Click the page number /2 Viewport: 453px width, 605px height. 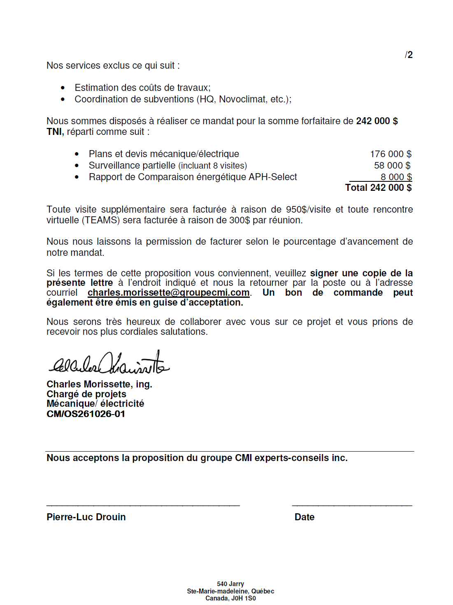click(409, 55)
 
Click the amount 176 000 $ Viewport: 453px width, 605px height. click(390, 154)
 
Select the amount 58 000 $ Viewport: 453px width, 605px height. click(392, 165)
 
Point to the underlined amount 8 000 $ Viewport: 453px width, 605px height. click(396, 177)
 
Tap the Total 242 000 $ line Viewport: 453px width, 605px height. click(378, 188)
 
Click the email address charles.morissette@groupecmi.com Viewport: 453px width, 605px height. click(169, 292)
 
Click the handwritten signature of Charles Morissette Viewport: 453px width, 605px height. click(109, 363)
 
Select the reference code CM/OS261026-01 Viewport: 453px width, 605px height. click(86, 414)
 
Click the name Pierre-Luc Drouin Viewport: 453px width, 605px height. click(86, 517)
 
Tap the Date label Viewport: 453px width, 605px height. click(304, 517)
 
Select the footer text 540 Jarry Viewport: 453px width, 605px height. click(230, 584)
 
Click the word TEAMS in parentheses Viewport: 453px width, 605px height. click(101, 220)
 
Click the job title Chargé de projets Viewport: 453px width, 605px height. click(86, 394)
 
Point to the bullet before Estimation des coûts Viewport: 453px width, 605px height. click(63, 88)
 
